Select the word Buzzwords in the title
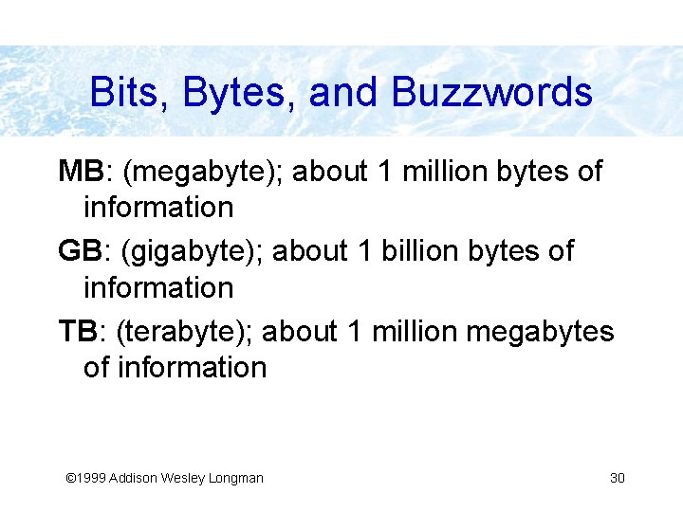click(491, 93)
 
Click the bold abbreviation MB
click(80, 172)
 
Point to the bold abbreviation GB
click(80, 251)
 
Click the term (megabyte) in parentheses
click(202, 172)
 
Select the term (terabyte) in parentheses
click(184, 332)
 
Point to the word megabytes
click(542, 333)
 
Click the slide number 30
click(617, 478)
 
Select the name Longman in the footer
click(234, 478)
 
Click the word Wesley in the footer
click(179, 478)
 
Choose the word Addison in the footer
click(131, 478)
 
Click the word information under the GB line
click(158, 286)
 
